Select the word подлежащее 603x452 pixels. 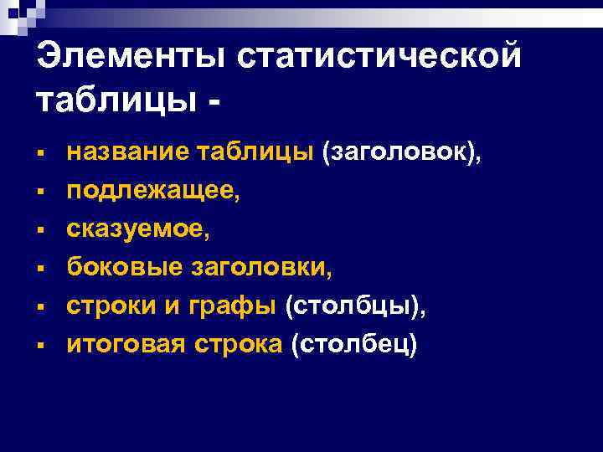click(153, 192)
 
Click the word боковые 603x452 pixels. click(126, 268)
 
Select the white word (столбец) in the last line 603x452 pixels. click(353, 344)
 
